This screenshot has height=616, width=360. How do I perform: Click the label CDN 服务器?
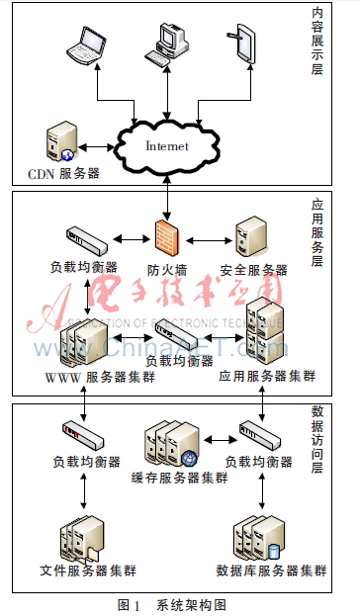(x=63, y=173)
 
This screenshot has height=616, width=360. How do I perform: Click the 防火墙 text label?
(x=166, y=269)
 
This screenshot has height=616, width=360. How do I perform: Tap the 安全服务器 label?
(x=253, y=269)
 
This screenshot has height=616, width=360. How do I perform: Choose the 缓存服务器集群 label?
(x=179, y=477)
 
